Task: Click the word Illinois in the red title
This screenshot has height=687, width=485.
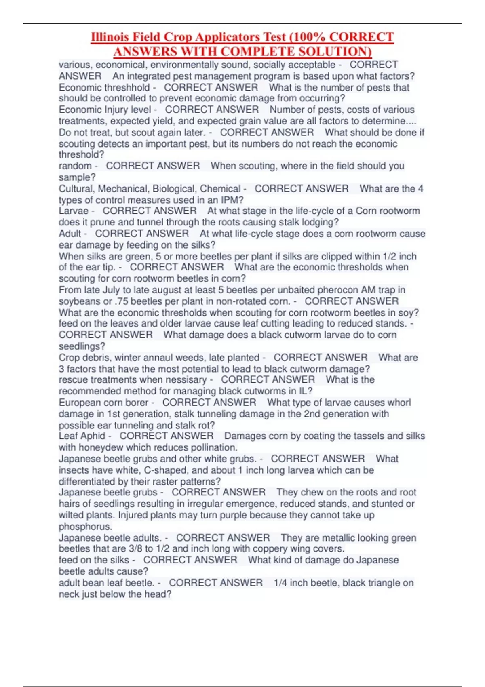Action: coord(110,37)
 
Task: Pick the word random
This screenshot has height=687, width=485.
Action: coord(75,166)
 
